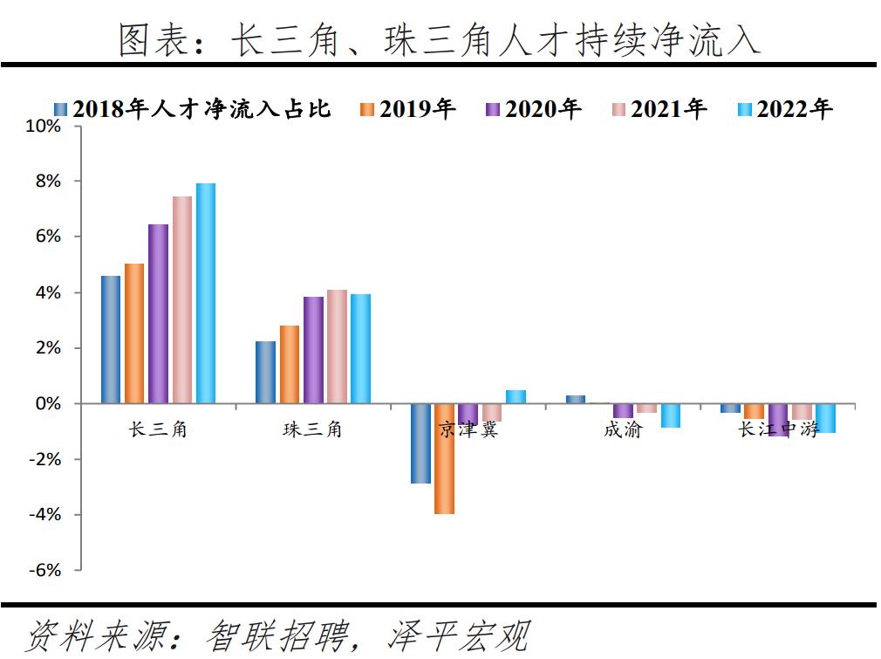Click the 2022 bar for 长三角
205,293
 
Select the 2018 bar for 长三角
111,340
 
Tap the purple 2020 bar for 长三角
158,314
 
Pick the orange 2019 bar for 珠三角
290,365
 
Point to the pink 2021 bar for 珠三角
337,347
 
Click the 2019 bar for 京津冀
444,458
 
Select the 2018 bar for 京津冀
420,443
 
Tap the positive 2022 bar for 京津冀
516,397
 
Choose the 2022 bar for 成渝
670,415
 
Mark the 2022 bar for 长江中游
825,418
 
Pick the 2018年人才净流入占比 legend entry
192,109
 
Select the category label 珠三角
312,429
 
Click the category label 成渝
622,429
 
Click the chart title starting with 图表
440,41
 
